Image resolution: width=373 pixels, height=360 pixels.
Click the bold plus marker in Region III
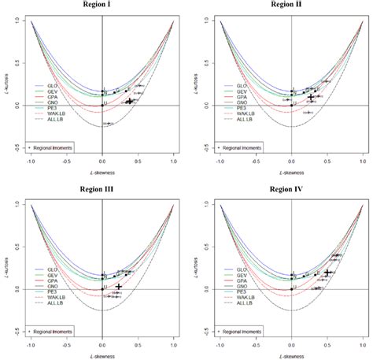point(119,287)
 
